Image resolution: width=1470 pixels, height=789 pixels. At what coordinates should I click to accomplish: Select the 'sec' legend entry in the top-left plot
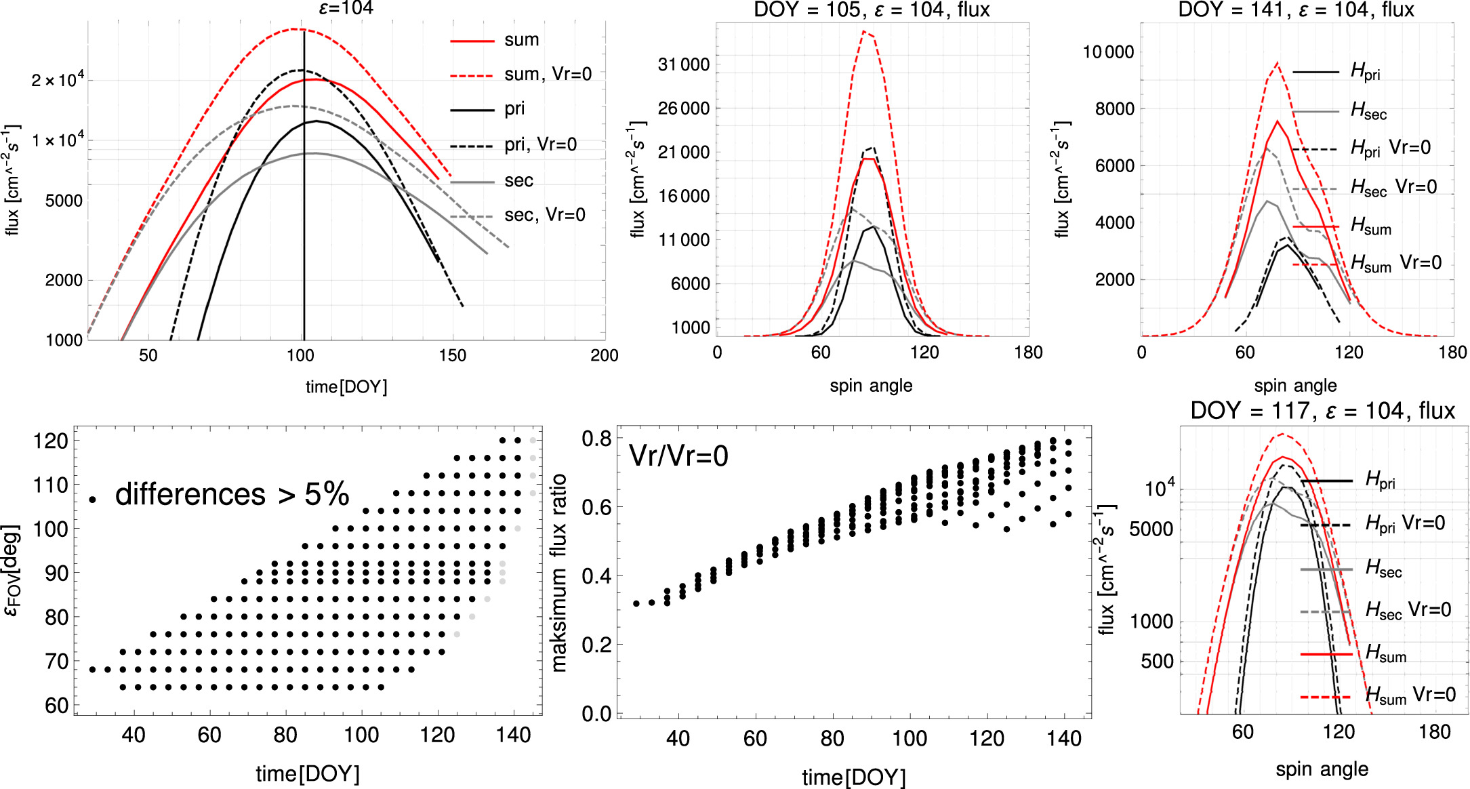[x=518, y=180]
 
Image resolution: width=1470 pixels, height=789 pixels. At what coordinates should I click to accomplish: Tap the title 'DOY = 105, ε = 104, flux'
[x=872, y=10]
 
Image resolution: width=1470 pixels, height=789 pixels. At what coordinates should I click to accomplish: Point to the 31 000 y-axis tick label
[x=683, y=65]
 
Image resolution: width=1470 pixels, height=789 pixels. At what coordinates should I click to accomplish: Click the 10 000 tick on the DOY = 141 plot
[x=1108, y=52]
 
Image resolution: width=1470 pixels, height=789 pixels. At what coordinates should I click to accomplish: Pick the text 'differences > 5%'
[x=232, y=494]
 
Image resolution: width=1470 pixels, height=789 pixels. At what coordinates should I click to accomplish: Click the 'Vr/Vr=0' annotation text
[x=678, y=456]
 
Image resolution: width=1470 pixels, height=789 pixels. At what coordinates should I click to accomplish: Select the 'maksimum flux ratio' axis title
[x=559, y=573]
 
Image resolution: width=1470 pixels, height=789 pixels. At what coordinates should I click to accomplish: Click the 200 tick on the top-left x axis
[x=604, y=355]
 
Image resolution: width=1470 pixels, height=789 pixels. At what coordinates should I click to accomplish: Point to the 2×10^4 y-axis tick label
[x=58, y=81]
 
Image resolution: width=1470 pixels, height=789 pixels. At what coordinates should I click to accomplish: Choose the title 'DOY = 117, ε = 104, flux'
[x=1322, y=411]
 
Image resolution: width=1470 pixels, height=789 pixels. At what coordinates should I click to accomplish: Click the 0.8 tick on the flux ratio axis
[x=596, y=439]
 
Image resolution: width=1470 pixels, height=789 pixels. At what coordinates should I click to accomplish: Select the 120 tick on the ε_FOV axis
[x=51, y=441]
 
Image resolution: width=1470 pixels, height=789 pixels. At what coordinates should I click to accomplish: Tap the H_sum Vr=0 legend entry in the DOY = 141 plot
[x=1395, y=264]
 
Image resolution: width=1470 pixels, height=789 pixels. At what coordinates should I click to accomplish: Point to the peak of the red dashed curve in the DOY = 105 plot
[x=864, y=31]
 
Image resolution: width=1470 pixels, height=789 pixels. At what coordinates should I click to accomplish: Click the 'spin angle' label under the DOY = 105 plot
[x=871, y=386]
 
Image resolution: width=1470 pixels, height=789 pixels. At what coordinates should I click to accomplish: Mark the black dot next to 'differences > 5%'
[x=92, y=500]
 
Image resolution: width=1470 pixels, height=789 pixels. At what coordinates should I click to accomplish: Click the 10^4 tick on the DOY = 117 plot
[x=1159, y=488]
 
